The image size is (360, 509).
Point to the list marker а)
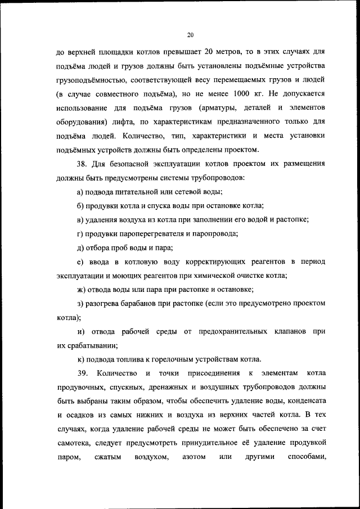point(80,192)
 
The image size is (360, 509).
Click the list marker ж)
point(81,290)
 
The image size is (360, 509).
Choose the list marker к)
point(80,360)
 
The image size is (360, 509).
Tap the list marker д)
point(80,248)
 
